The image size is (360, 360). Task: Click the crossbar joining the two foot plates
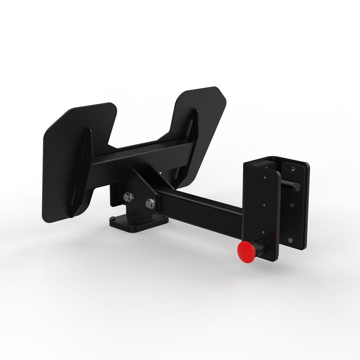(144, 153)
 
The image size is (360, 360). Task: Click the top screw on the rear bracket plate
(294, 169)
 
